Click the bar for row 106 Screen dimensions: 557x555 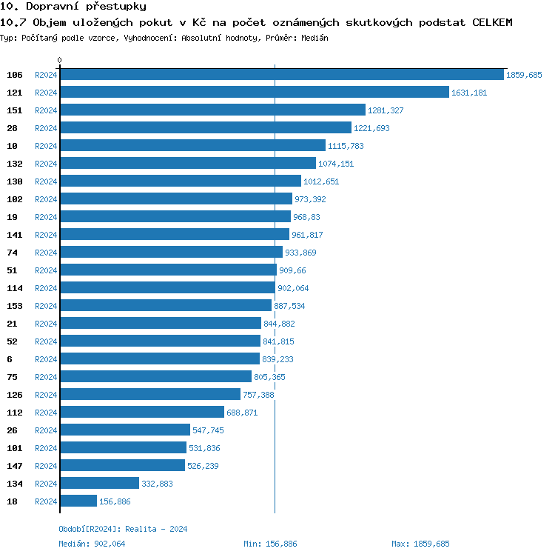click(281, 75)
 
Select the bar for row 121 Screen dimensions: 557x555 click(254, 93)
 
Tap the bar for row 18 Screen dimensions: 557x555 click(78, 501)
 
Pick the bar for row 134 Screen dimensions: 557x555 click(99, 484)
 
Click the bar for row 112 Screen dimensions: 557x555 click(141, 413)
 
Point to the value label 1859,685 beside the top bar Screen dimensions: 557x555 click(524, 75)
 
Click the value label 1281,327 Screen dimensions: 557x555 click(386, 110)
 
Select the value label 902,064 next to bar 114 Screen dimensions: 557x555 click(293, 288)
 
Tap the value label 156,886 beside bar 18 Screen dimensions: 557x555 click(115, 501)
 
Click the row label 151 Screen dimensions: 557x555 click(15, 110)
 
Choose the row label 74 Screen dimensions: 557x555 click(12, 253)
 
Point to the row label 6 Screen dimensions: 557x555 click(10, 359)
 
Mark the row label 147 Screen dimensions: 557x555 click(15, 466)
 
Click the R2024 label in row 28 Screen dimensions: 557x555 click(46, 128)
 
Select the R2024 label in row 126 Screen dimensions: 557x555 click(46, 395)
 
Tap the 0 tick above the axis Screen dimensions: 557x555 click(60, 60)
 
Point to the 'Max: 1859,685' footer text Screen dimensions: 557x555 click(420, 544)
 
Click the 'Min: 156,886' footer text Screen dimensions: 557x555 click(270, 544)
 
